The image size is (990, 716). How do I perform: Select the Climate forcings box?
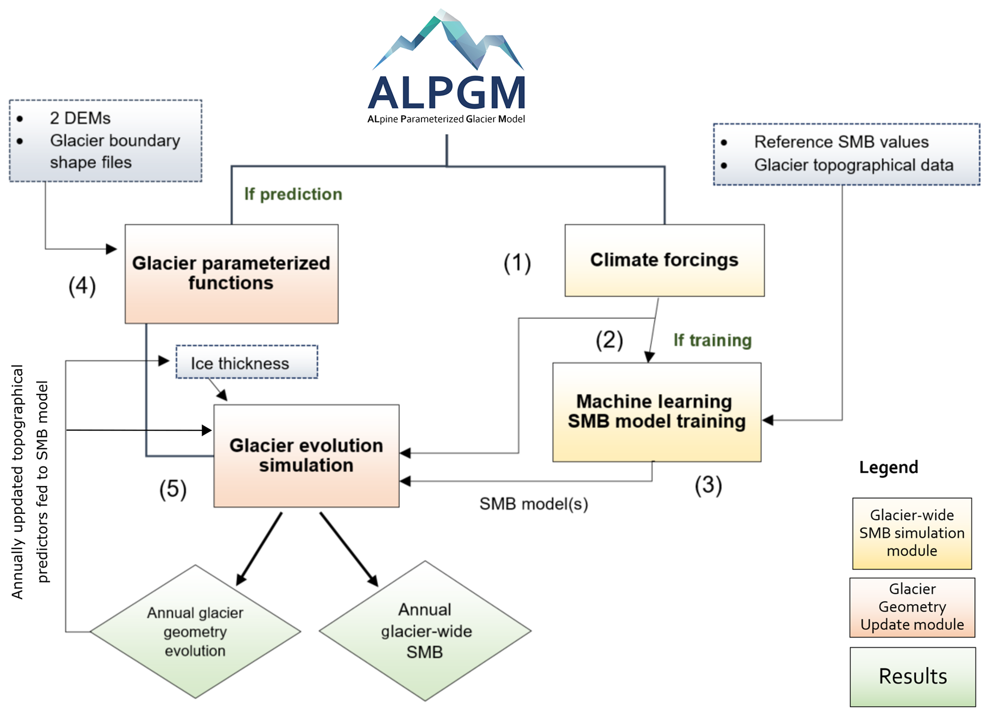pos(664,260)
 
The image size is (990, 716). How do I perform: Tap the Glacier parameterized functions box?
pos(231,273)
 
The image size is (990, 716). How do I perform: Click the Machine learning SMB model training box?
pos(656,412)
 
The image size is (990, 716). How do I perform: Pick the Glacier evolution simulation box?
pos(306,455)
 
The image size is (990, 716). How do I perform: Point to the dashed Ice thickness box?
pos(246,363)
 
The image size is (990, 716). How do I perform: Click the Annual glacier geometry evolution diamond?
pos(195,631)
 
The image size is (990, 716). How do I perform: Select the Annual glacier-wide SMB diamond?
pos(425,631)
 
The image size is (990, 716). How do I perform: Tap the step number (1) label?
pos(517,263)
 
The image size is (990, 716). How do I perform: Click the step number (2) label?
pos(609,340)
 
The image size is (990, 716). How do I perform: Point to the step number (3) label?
pos(708,485)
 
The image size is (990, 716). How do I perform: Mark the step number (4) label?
pos(82,286)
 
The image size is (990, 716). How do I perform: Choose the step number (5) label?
pos(172,489)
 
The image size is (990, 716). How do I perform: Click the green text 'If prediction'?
pos(293,194)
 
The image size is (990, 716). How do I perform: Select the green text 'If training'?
pos(712,340)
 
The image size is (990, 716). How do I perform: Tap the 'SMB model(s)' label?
pos(534,504)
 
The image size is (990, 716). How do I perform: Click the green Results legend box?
pos(912,676)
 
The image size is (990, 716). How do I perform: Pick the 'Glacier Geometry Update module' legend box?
pos(912,607)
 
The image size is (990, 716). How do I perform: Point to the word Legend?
pos(888,467)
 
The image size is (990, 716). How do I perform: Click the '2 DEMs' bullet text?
pos(80,118)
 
